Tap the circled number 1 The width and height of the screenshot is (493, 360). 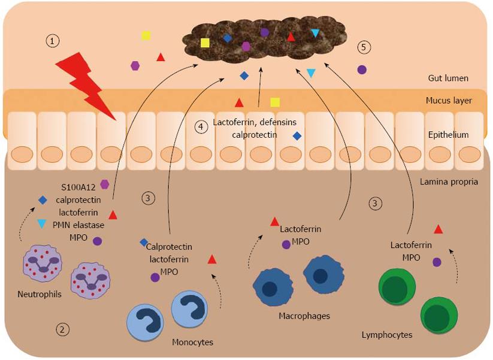pos(53,41)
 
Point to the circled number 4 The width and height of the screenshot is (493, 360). pos(202,126)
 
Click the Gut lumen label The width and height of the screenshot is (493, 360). pos(448,78)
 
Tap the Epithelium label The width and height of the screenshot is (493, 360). pos(449,135)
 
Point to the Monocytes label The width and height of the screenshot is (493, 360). pos(192,342)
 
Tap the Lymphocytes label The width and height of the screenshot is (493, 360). pos(387,334)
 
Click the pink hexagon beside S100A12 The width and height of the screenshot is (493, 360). pos(105,184)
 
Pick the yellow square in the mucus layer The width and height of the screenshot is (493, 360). pos(275,102)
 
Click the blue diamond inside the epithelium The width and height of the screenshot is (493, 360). pos(297,136)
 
